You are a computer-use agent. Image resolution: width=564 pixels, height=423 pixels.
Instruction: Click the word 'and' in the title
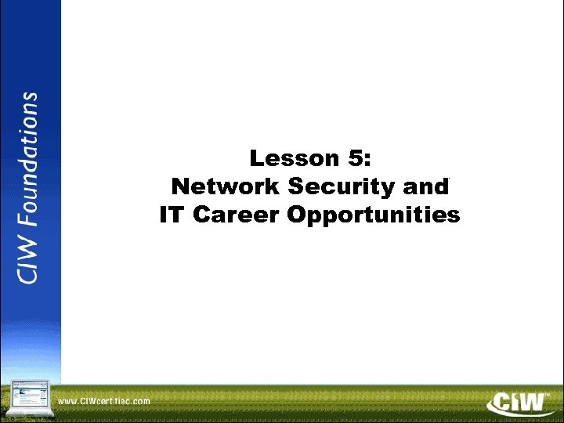427,187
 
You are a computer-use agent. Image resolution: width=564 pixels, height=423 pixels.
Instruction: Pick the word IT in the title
172,215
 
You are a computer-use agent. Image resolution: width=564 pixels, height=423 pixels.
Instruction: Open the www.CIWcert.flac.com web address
104,401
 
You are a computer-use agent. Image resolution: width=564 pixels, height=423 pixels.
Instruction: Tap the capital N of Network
180,187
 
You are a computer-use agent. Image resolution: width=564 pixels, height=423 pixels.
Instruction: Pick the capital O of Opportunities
295,215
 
